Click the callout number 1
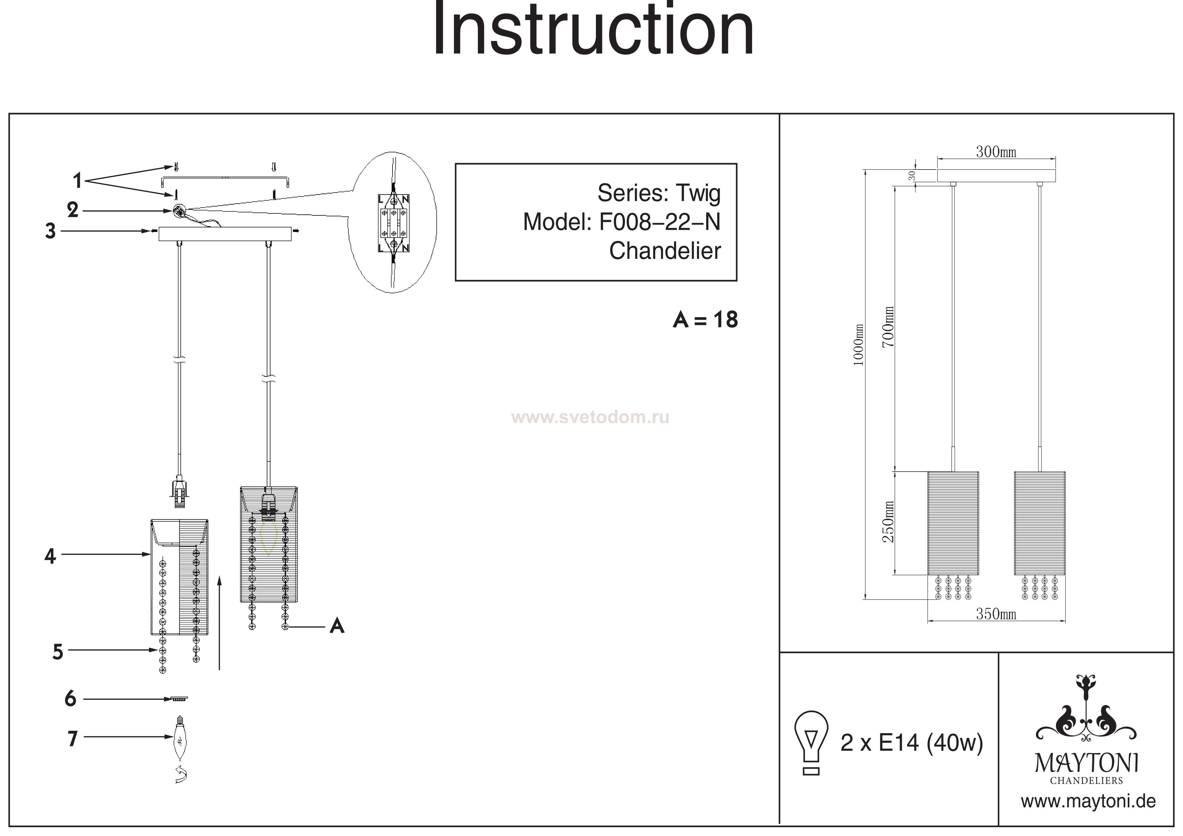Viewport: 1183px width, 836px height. tap(77, 181)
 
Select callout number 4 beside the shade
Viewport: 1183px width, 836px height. tap(50, 556)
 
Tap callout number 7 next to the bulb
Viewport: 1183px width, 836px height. tap(73, 739)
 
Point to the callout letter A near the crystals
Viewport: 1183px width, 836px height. tap(337, 626)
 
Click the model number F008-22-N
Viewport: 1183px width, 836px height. tap(660, 222)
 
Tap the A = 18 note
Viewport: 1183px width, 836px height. tap(705, 320)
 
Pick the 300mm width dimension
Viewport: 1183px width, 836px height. tap(996, 152)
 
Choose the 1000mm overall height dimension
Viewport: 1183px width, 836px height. tap(858, 345)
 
